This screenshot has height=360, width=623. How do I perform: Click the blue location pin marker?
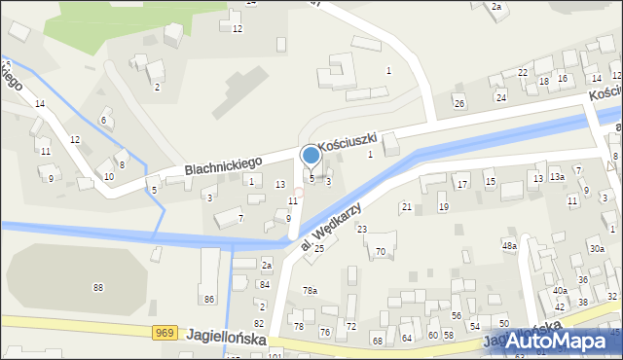pyautogui.click(x=311, y=157)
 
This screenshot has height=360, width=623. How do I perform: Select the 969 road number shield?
pyautogui.click(x=165, y=334)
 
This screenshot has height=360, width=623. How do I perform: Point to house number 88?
pyautogui.click(x=97, y=287)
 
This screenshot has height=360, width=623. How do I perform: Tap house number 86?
pyautogui.click(x=208, y=298)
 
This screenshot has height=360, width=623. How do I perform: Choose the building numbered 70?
pyautogui.click(x=381, y=252)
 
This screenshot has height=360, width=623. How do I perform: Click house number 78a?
pyautogui.click(x=310, y=291)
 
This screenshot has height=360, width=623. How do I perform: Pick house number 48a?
pyautogui.click(x=509, y=246)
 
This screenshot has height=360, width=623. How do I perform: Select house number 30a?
pyautogui.click(x=596, y=248)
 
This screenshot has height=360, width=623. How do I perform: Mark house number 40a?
pyautogui.click(x=560, y=291)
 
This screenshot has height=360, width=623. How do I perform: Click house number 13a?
pyautogui.click(x=557, y=177)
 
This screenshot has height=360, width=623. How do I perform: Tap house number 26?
pyautogui.click(x=459, y=103)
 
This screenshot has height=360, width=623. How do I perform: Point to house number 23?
pyautogui.click(x=361, y=229)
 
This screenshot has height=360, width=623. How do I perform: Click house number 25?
pyautogui.click(x=318, y=248)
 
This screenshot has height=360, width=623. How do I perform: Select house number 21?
pyautogui.click(x=406, y=206)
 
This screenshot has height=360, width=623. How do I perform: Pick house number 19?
pyautogui.click(x=443, y=206)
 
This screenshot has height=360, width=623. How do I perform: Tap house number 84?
pyautogui.click(x=265, y=284)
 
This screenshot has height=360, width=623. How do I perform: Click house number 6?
pyautogui.click(x=103, y=120)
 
